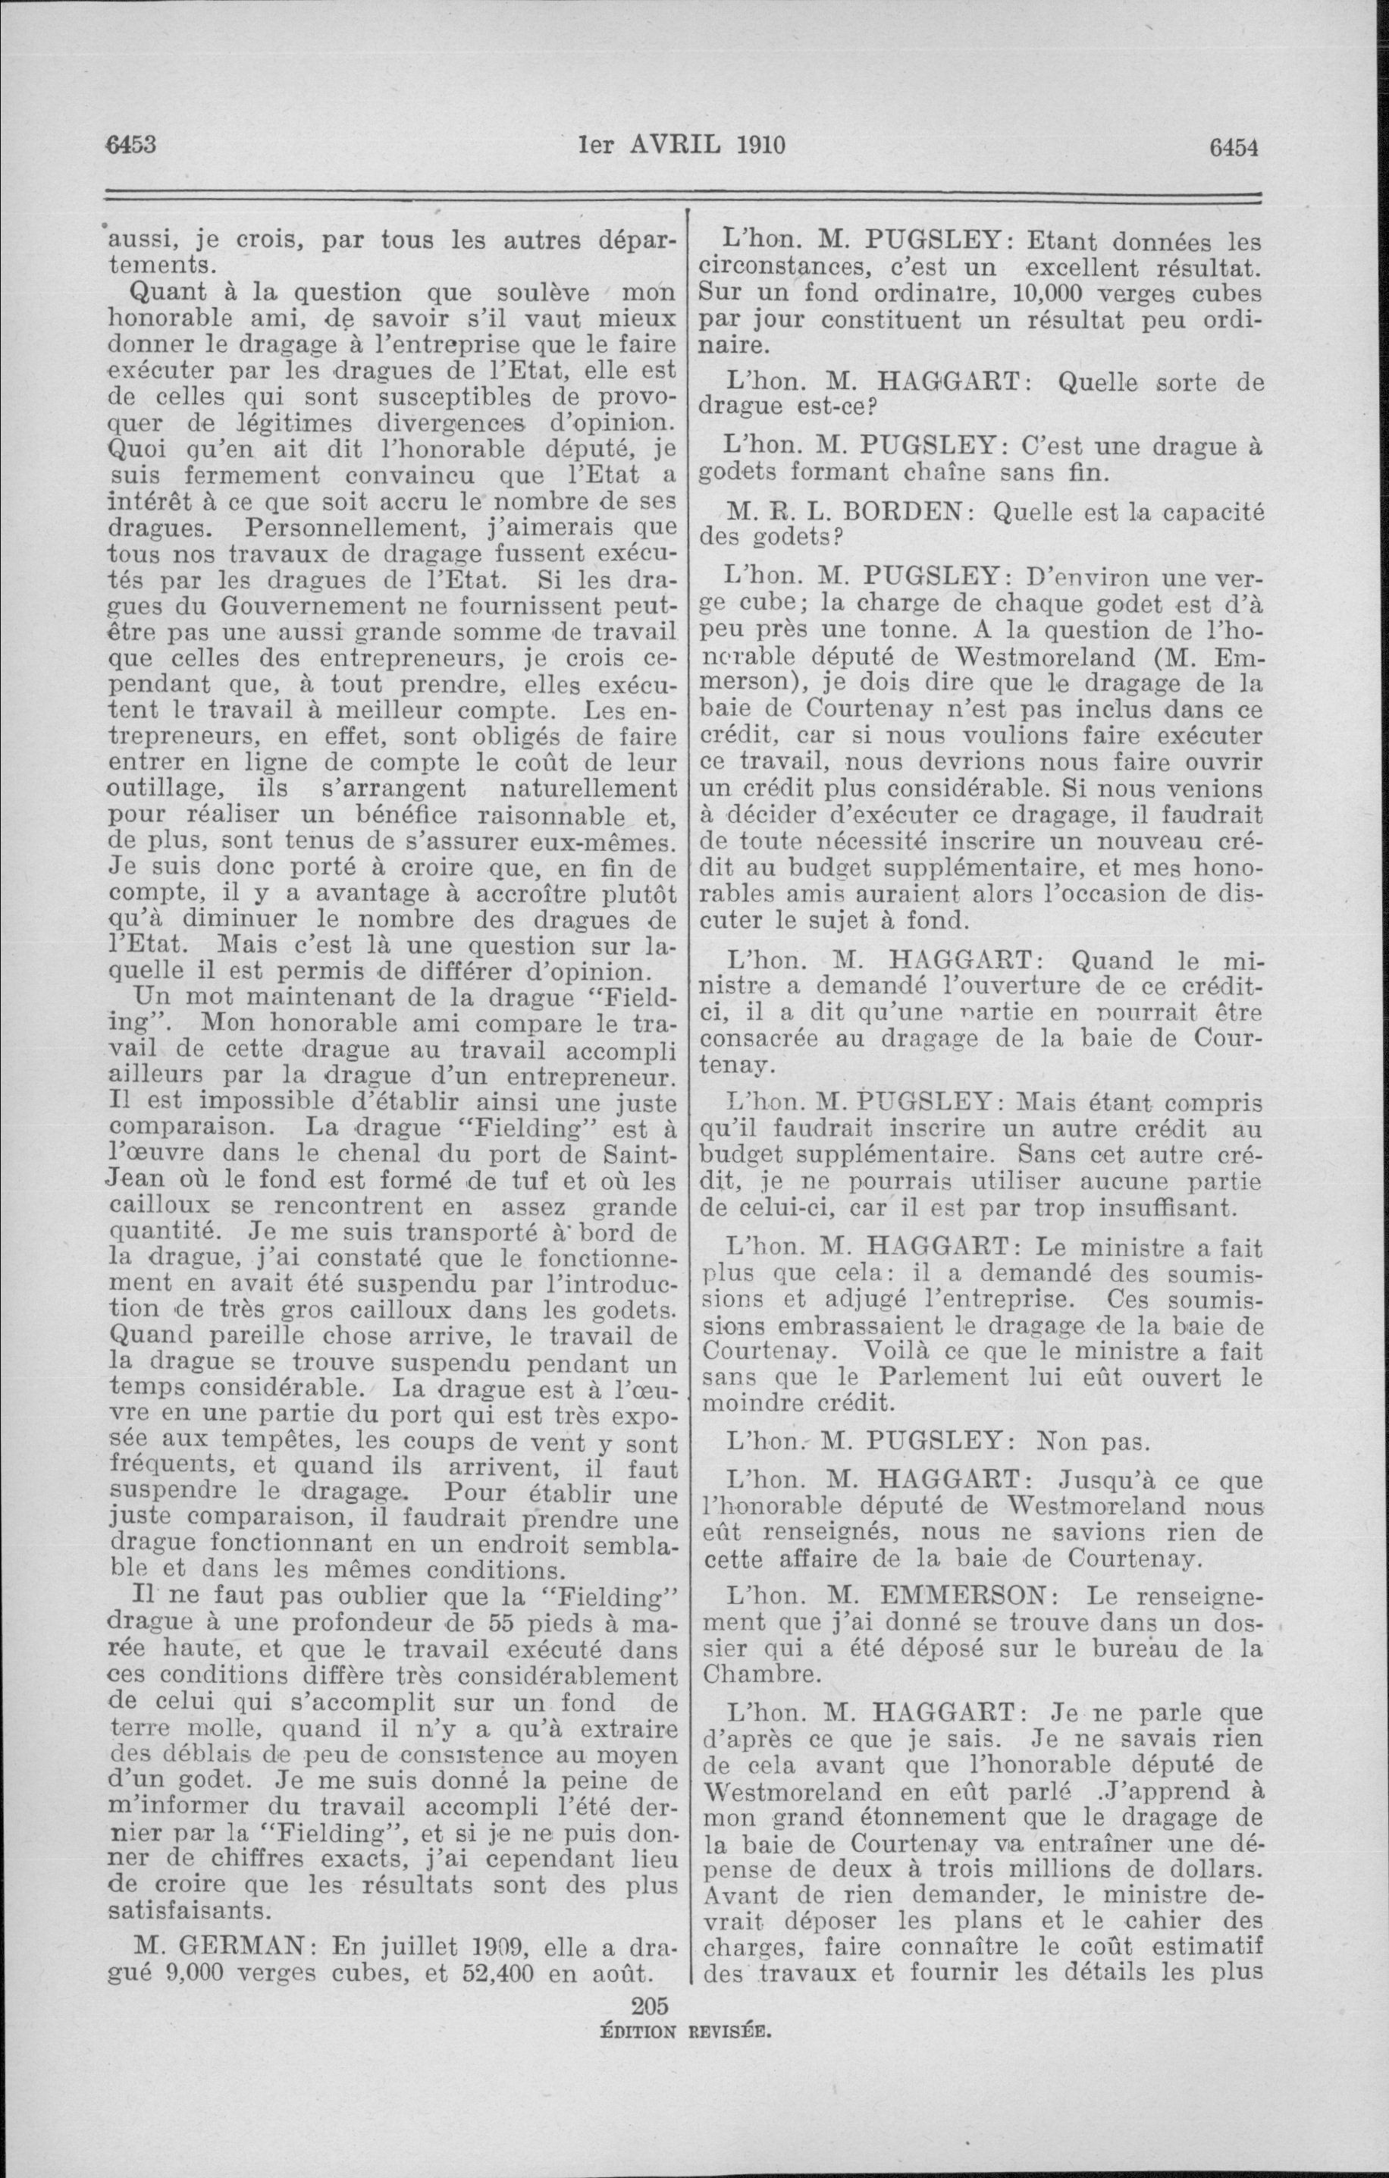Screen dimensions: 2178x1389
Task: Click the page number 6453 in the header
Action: point(132,145)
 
